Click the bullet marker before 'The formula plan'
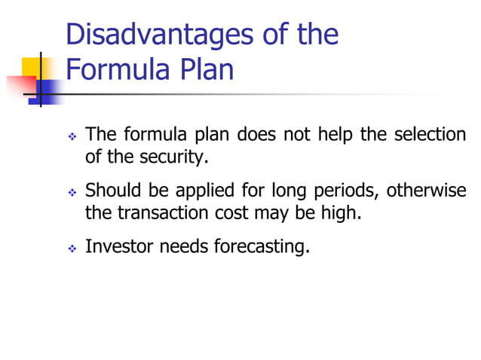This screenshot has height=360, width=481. click(72, 137)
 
